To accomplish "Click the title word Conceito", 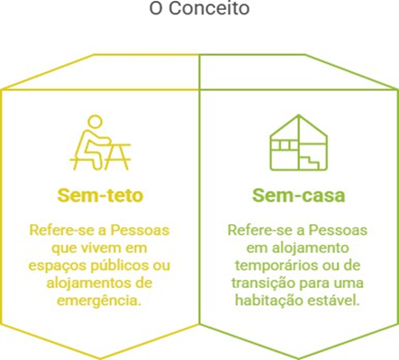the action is tap(209, 8).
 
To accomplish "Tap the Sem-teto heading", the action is tap(100, 195).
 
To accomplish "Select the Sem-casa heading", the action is tap(299, 195).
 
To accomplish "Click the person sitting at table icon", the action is tap(100, 143).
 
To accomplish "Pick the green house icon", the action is tap(299, 142).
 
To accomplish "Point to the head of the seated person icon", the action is tap(95, 122).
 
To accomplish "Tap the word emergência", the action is tap(99, 301).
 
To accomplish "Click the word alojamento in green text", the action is tap(311, 248).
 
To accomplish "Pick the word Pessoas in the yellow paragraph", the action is tap(141, 230).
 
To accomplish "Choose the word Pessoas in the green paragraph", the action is tap(339, 230).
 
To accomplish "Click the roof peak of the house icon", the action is tap(299, 115).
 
